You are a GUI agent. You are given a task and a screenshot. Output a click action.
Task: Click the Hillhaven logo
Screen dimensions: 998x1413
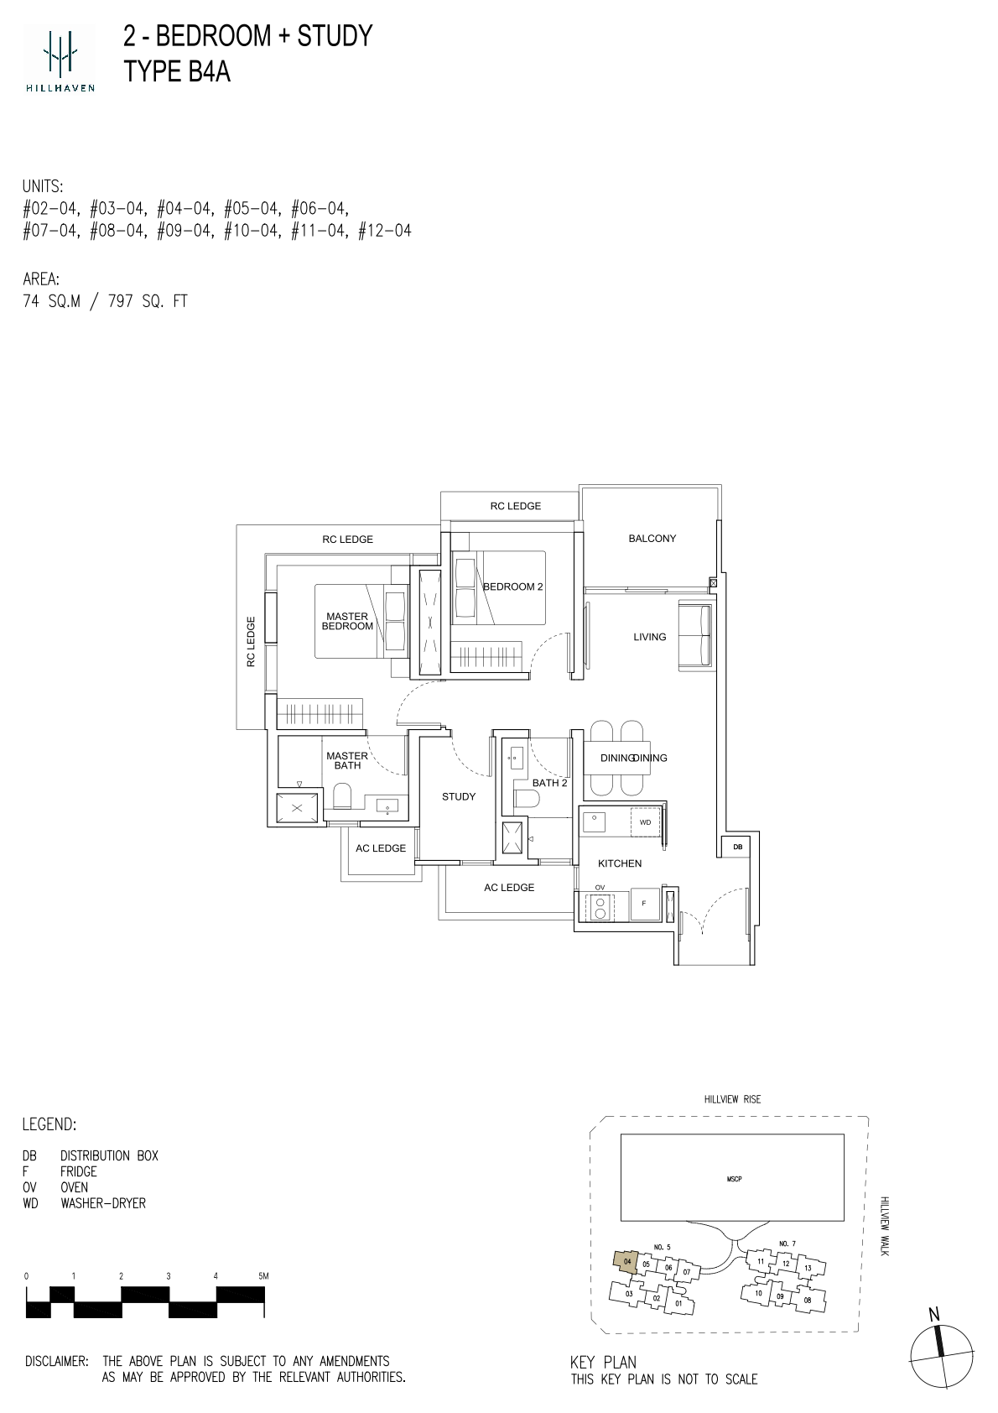[x=60, y=58]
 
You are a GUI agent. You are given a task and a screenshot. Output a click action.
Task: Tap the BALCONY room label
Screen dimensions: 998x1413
[x=652, y=538]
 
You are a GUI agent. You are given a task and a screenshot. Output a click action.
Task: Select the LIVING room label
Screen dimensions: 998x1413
[x=649, y=637]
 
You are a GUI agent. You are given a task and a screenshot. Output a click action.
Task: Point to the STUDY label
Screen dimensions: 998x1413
[x=459, y=796]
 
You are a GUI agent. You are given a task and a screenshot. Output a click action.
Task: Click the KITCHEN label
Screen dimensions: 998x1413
[x=620, y=863]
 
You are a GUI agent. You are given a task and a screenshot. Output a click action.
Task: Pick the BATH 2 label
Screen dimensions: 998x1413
[x=550, y=782]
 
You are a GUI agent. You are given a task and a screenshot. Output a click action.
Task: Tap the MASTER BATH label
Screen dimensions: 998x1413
[x=346, y=760]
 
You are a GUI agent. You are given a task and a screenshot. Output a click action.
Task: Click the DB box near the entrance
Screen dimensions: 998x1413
[x=738, y=847]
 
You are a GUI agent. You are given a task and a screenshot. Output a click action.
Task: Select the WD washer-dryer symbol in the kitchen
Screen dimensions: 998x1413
[x=645, y=822]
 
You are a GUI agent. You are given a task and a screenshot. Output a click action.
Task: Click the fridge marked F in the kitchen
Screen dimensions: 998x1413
[x=644, y=904]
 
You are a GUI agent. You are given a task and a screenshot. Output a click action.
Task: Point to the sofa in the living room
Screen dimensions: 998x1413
[x=695, y=636]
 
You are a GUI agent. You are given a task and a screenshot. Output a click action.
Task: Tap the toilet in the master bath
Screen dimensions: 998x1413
[x=341, y=796]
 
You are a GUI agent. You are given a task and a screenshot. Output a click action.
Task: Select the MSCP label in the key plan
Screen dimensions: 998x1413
[x=734, y=1178]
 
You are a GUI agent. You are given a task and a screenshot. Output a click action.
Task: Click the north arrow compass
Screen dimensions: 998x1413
[x=941, y=1356]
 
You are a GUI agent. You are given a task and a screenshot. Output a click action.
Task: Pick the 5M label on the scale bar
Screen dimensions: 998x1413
[x=262, y=1275]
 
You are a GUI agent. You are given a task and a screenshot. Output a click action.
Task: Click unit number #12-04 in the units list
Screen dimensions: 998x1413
[x=385, y=231]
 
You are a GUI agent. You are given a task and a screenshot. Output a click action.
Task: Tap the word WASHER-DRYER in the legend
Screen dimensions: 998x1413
[x=103, y=1203]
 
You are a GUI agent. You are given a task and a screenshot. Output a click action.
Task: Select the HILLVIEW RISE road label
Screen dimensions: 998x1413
[x=732, y=1099]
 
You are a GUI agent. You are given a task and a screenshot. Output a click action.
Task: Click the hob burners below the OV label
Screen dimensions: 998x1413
[x=600, y=907]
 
